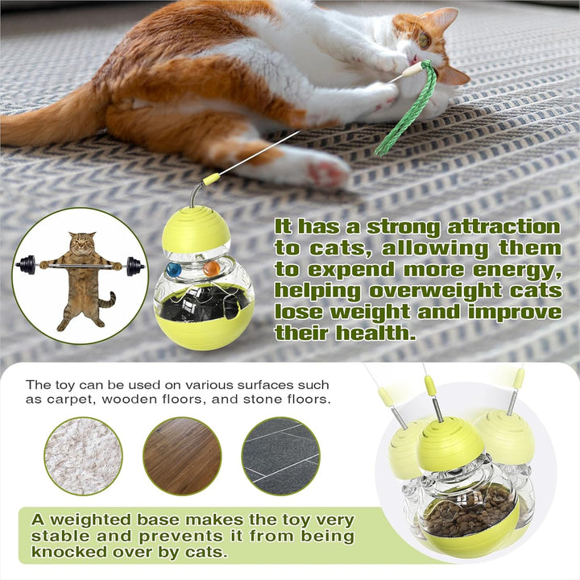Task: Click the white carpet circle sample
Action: tap(83, 456)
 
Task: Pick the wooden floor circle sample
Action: tap(182, 456)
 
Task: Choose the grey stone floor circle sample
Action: tap(281, 456)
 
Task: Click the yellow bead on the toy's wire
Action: tap(212, 179)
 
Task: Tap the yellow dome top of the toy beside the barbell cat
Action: tap(195, 228)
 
